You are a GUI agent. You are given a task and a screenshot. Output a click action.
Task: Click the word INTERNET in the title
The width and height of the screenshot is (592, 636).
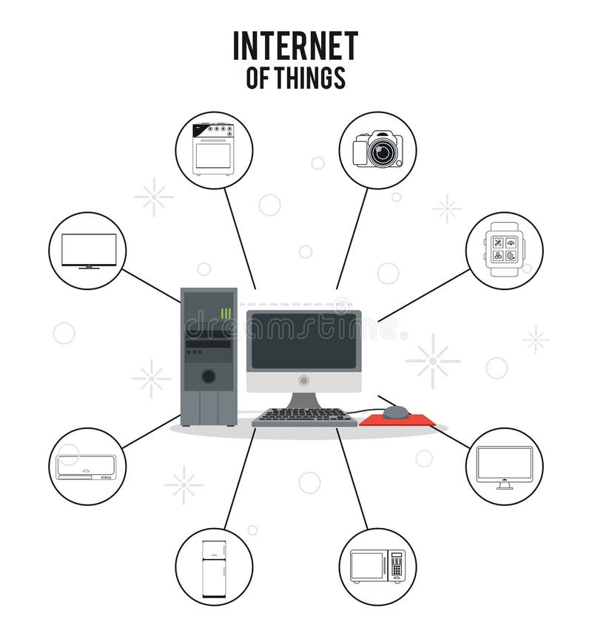(295, 46)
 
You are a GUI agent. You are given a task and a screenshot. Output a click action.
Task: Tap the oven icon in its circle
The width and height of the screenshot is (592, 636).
(213, 149)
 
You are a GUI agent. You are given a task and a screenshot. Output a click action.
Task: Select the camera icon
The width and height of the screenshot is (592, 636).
(377, 149)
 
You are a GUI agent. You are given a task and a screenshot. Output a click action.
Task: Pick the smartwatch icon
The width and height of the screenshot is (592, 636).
(504, 251)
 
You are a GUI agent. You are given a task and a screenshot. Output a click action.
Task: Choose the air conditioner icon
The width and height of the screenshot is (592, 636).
(87, 467)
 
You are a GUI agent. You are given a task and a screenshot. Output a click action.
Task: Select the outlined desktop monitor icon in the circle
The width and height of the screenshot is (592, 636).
(504, 467)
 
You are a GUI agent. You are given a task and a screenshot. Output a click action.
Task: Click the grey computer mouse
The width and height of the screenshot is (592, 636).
(396, 412)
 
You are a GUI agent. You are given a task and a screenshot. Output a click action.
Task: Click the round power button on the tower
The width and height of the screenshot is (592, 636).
(209, 376)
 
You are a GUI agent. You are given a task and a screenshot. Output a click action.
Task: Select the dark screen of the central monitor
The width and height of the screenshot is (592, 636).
(303, 341)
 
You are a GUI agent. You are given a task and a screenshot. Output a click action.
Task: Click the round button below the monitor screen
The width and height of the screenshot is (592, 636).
(303, 380)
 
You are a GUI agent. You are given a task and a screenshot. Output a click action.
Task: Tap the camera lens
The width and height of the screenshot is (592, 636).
(382, 152)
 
